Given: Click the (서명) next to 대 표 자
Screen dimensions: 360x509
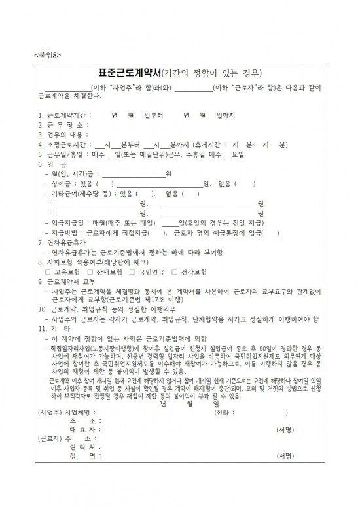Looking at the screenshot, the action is coord(285,448).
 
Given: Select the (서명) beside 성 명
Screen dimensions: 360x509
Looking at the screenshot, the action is coord(285,474).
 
